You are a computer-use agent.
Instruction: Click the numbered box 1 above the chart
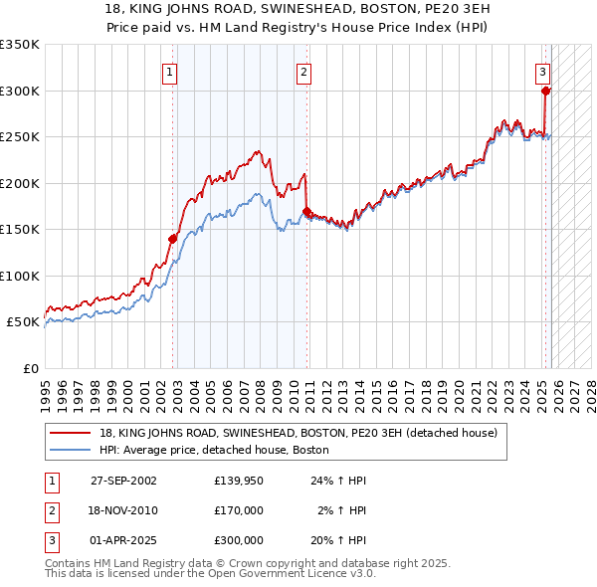(170, 72)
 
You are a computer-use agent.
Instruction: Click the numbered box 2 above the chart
(302, 72)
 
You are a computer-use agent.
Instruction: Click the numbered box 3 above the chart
(542, 72)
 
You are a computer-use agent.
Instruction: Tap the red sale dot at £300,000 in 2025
(546, 92)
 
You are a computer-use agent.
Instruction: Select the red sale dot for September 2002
(173, 239)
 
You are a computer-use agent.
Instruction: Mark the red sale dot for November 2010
(307, 211)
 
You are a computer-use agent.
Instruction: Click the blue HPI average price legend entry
(219, 451)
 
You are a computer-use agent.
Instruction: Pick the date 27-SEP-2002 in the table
(123, 481)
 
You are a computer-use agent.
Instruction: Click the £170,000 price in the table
(239, 510)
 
